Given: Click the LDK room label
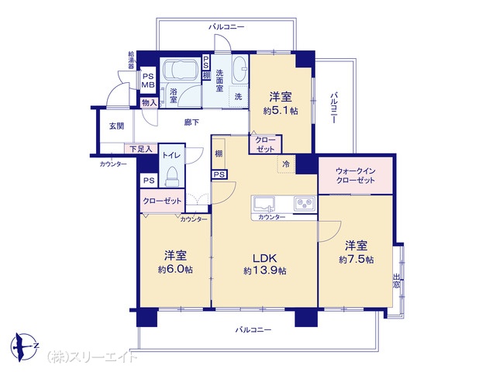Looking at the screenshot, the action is click(x=265, y=258).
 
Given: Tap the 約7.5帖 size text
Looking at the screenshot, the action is click(x=356, y=260).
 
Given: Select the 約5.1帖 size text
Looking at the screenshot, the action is click(x=281, y=111).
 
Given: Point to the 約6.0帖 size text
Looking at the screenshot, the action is click(x=175, y=270).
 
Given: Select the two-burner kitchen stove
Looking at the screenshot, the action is click(x=305, y=203).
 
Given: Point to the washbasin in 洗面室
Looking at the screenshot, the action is click(x=240, y=71).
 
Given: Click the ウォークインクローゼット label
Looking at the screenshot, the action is click(x=355, y=176).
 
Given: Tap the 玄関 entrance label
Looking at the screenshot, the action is click(x=116, y=126).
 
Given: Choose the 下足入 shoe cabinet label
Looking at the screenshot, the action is click(x=141, y=149).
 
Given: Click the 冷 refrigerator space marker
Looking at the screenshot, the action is click(x=286, y=164).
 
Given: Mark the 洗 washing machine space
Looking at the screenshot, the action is click(x=238, y=96).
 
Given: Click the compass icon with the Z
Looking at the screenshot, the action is click(x=24, y=346).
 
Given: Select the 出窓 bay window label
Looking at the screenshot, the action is click(x=396, y=281).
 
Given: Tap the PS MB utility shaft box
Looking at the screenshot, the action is click(x=148, y=81).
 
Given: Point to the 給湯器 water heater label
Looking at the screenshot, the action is click(x=131, y=60).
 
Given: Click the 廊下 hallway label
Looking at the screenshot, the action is click(x=191, y=122).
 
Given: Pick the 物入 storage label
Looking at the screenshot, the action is click(x=150, y=103).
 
